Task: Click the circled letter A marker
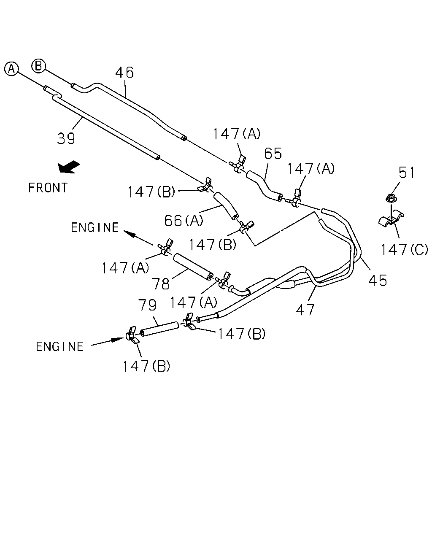pyautogui.click(x=11, y=68)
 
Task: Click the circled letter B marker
pyautogui.click(x=39, y=66)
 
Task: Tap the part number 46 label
pyautogui.click(x=124, y=72)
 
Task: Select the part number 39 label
pyautogui.click(x=66, y=138)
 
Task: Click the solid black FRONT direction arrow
pyautogui.click(x=68, y=167)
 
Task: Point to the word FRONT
pyautogui.click(x=48, y=188)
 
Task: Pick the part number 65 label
pyautogui.click(x=273, y=154)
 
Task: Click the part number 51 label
pyautogui.click(x=407, y=173)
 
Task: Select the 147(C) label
pyautogui.click(x=405, y=250)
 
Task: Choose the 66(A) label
pyautogui.click(x=184, y=221)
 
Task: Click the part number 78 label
pyautogui.click(x=161, y=284)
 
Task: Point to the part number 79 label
pyautogui.click(x=147, y=305)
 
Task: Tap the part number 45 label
pyautogui.click(x=378, y=280)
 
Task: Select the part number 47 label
pyautogui.click(x=305, y=310)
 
